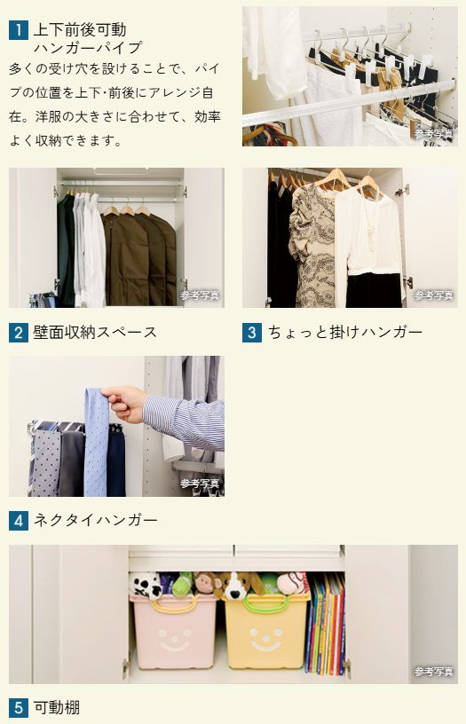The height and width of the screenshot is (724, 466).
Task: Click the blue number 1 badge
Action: click(19, 30)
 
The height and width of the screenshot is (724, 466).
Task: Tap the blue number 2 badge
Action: click(19, 333)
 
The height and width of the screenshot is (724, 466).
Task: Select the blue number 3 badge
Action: click(252, 333)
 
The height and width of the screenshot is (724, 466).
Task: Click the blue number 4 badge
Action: click(19, 521)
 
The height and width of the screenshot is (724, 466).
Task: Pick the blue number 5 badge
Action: click(19, 708)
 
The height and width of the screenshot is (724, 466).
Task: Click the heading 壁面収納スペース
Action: click(95, 333)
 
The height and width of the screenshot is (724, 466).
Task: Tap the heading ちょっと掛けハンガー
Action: click(345, 333)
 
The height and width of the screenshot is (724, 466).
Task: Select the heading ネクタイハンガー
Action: click(95, 521)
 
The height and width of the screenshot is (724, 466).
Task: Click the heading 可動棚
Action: click(56, 708)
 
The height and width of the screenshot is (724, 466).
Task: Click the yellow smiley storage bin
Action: click(266, 631)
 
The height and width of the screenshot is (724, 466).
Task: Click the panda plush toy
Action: click(146, 585)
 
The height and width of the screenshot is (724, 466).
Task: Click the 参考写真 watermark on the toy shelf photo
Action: click(433, 672)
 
